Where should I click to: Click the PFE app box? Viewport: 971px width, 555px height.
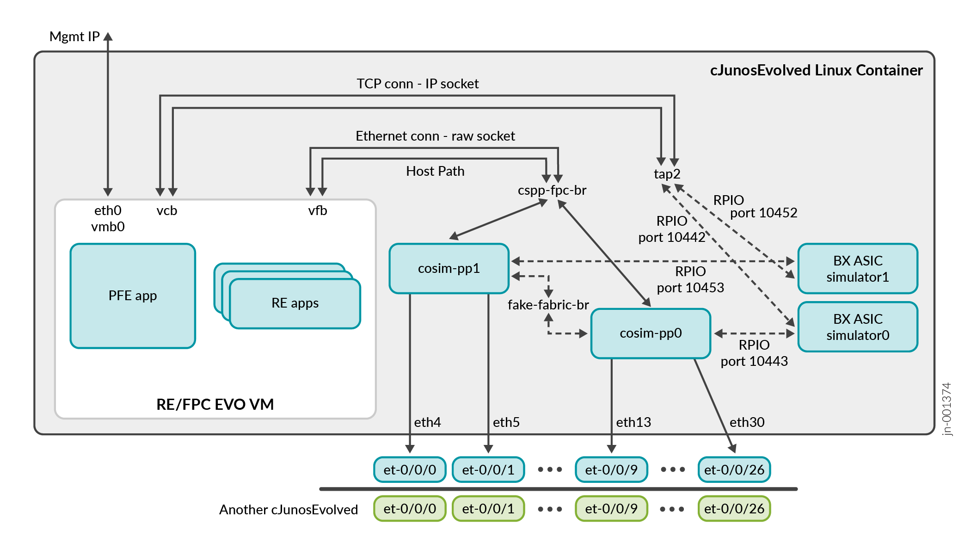133,296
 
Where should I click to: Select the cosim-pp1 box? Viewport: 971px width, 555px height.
449,268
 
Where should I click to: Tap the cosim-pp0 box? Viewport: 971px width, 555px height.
651,333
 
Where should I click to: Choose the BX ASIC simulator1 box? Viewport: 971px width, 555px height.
858,269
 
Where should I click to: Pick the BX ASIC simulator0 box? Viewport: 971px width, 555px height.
858,327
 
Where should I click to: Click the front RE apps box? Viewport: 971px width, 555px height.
295,303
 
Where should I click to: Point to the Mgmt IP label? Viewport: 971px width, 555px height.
74,37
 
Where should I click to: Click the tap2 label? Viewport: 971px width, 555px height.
667,174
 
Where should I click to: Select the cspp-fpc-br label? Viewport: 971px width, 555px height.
552,190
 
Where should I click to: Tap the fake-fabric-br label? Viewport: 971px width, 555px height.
548,305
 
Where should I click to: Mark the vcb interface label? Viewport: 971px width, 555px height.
166,211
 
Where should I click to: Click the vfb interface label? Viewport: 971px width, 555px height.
318,211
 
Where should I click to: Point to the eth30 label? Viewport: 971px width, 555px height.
747,422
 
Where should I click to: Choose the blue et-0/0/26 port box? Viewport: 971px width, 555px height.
734,470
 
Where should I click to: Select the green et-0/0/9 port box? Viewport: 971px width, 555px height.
611,509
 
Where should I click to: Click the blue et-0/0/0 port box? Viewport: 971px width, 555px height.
410,470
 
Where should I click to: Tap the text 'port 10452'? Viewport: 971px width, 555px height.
763,213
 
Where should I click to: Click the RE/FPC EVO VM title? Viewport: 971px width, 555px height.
215,405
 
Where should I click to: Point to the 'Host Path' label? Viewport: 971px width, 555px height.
435,171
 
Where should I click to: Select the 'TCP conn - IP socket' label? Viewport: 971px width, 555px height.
418,84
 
